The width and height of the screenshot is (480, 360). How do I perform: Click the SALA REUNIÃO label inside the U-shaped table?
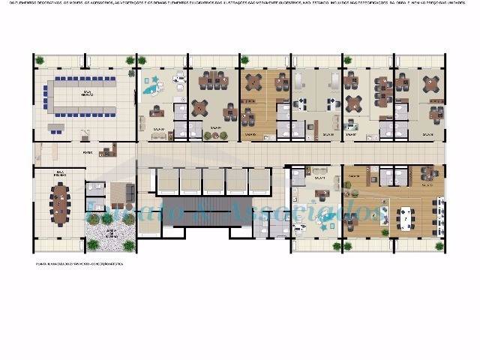(78, 94)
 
